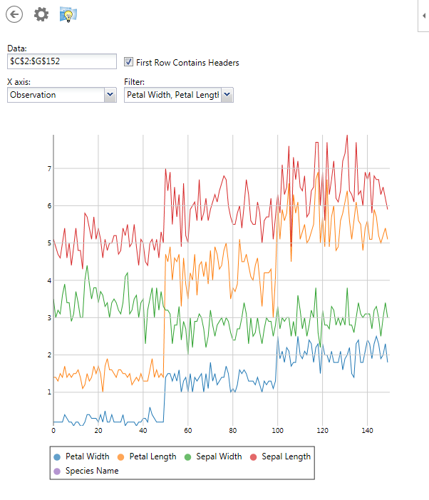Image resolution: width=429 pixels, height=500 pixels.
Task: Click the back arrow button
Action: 14,14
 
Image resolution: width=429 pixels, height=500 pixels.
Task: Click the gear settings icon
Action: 41,14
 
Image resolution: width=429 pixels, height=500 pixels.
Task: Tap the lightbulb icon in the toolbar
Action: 68,14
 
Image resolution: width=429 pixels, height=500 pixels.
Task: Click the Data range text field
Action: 61,61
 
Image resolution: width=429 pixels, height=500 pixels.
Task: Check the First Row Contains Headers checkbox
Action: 129,62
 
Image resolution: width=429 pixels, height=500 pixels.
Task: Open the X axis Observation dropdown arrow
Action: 110,94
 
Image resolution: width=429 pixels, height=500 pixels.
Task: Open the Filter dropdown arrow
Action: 227,94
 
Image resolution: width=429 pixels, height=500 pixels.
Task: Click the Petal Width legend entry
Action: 81,456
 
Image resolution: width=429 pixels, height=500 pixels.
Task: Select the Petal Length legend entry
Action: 146,456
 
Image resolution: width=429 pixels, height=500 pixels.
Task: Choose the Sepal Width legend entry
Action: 213,456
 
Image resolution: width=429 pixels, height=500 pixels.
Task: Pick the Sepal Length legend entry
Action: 279,456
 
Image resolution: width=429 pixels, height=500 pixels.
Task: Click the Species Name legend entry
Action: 86,471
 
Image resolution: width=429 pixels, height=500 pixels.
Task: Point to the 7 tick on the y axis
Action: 49,169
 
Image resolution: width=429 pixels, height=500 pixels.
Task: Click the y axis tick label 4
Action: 49,280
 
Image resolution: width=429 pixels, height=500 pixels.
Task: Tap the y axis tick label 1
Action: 49,392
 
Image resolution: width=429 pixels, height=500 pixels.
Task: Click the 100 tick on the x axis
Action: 277,430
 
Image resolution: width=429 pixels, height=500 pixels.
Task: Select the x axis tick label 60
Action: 188,430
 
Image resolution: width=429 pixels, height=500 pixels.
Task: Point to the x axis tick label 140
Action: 367,430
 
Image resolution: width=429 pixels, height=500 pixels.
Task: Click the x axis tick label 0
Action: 53,430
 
